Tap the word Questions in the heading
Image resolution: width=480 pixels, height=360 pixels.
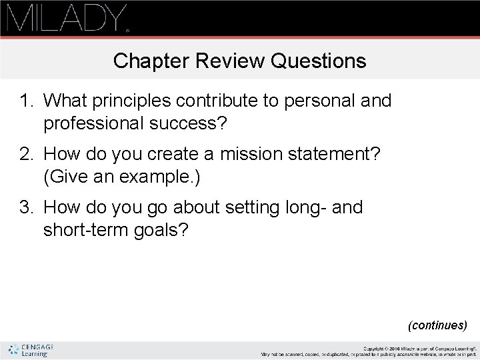tap(319, 61)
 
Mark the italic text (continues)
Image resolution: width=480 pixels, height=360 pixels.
tap(437, 325)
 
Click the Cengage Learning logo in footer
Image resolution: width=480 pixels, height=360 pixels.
tap(32, 350)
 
